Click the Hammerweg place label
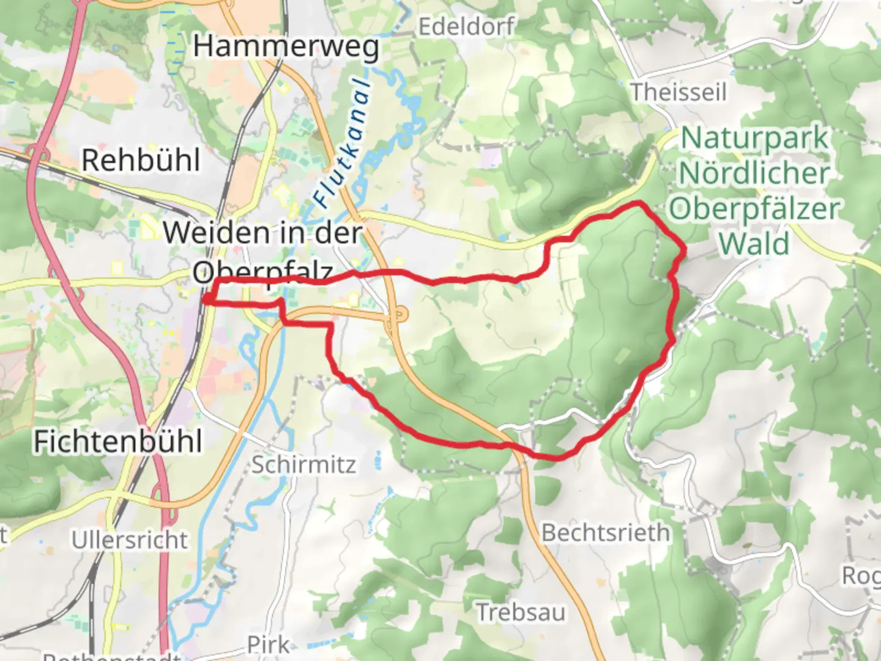286,47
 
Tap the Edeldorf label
467,26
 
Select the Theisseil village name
678,92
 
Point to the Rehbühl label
141,160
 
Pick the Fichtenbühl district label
117,441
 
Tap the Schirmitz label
303,465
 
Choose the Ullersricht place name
130,540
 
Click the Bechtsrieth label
606,532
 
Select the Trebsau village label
521,612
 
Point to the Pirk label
268,644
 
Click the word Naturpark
754,138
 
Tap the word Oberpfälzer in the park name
754,209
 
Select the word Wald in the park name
754,244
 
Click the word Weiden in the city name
216,233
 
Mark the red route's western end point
206,299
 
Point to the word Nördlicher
754,173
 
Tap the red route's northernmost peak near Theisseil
639,203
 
